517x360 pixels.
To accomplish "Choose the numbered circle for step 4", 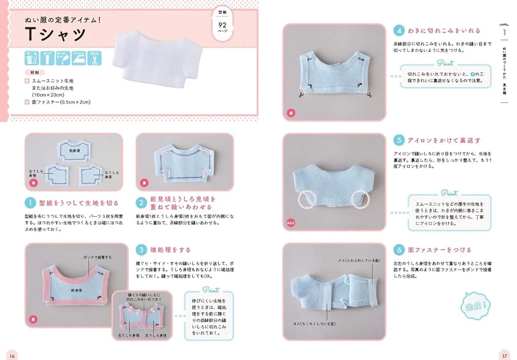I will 398,31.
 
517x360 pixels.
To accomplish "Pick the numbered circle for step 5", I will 398,140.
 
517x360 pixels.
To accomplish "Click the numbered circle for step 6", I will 398,250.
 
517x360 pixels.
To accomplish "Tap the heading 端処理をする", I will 171,249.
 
